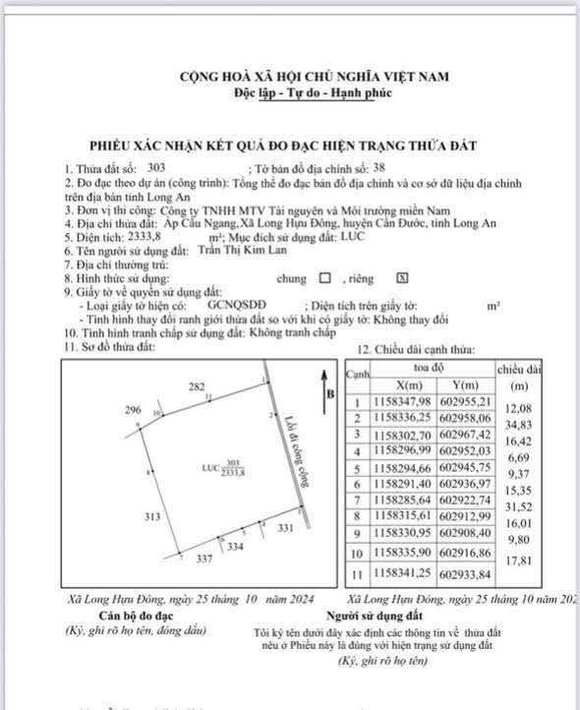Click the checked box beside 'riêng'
[x=401, y=278]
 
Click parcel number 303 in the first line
[x=154, y=170]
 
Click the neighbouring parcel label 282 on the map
[x=196, y=386]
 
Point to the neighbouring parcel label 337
[x=203, y=560]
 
